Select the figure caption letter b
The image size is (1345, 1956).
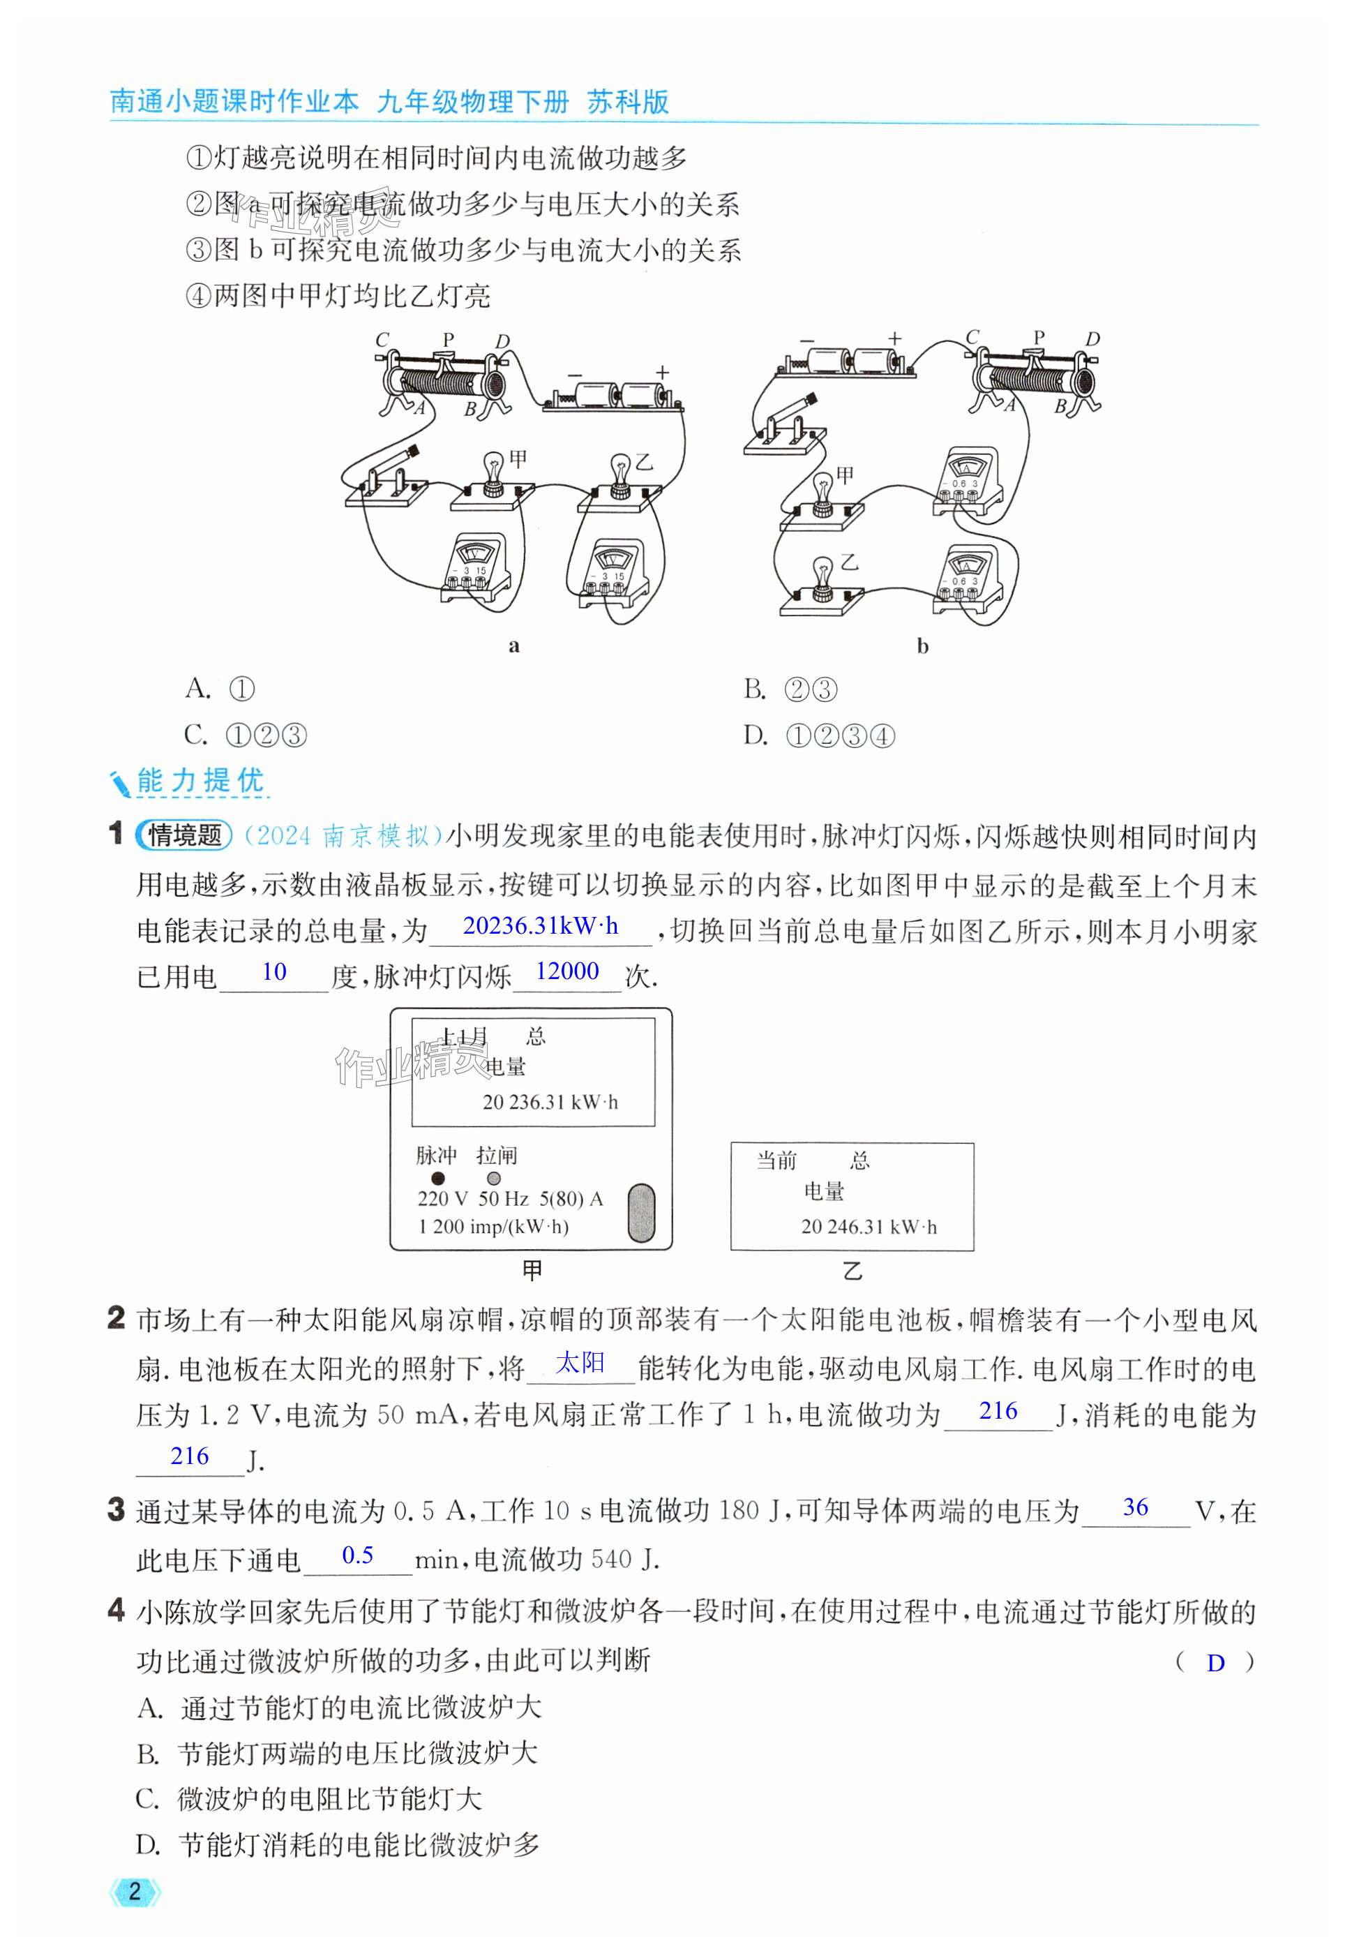[922, 646]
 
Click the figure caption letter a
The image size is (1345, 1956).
[514, 646]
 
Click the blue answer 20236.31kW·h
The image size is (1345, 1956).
[540, 926]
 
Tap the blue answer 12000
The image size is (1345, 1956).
[567, 971]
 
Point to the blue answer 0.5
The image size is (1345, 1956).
[357, 1555]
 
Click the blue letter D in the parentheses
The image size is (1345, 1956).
[1215, 1663]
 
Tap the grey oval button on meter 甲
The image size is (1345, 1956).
[641, 1213]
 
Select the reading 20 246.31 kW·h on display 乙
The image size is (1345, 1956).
[868, 1227]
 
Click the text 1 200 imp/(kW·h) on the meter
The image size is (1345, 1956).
[493, 1226]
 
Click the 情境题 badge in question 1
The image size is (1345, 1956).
[183, 835]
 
